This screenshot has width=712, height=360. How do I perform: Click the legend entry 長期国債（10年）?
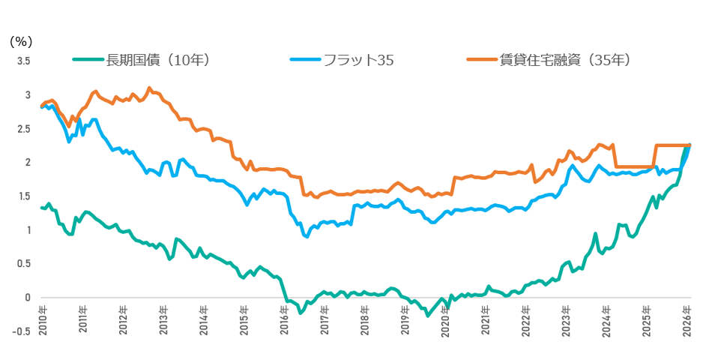158,61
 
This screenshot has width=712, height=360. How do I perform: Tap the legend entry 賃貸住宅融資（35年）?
563,61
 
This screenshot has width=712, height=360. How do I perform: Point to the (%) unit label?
20,42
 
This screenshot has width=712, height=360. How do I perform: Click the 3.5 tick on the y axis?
23,61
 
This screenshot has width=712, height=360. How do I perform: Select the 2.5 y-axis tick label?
23,129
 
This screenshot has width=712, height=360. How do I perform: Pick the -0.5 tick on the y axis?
22,331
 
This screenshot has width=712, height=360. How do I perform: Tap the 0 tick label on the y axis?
27,298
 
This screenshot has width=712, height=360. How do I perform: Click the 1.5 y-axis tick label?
23,196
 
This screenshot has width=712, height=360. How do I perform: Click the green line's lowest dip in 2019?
429,316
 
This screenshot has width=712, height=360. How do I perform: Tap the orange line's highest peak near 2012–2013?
149,88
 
